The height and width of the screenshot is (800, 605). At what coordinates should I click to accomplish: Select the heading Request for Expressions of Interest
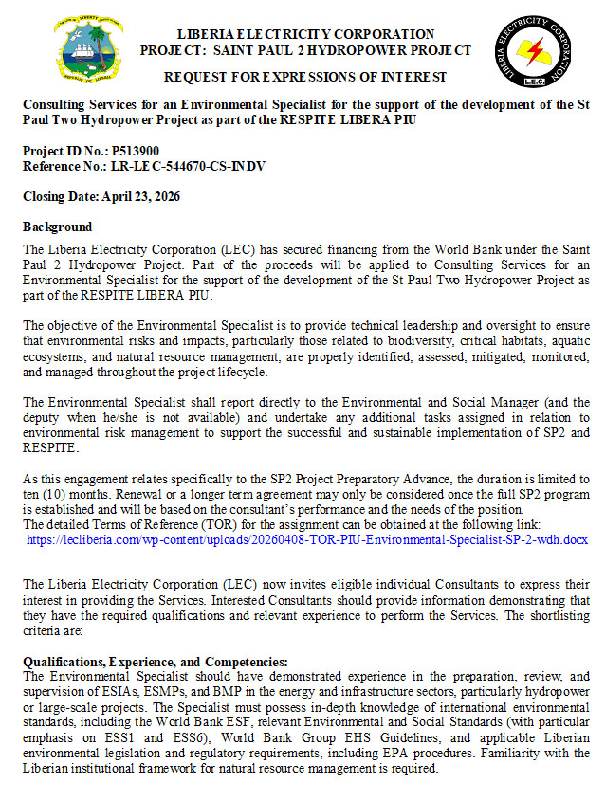305,76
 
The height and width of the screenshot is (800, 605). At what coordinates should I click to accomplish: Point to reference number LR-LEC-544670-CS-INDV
195,166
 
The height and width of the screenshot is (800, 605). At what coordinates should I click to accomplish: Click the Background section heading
57,227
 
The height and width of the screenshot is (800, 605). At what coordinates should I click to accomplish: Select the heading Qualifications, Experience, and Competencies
155,662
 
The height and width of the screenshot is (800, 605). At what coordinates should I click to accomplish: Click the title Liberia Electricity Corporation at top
305,35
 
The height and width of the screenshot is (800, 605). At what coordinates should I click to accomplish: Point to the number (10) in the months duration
68,495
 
